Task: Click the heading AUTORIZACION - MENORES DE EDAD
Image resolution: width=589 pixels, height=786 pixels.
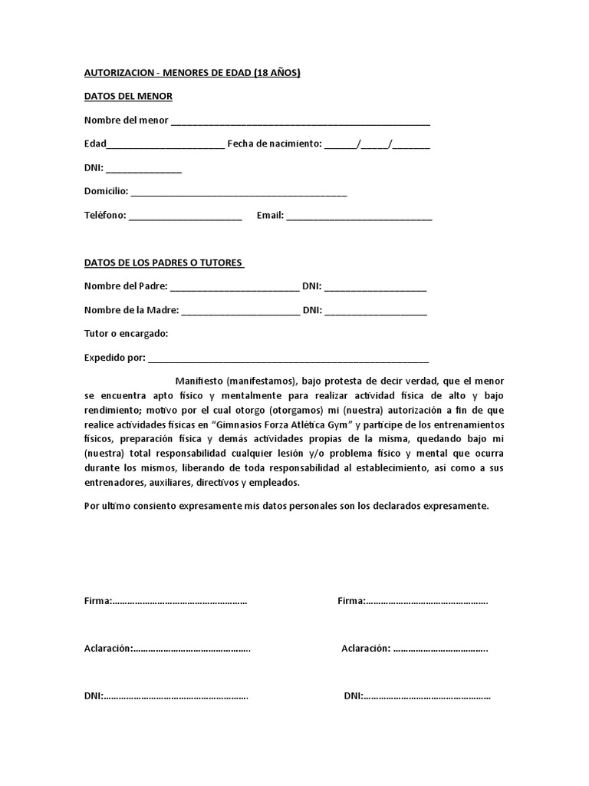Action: (192, 73)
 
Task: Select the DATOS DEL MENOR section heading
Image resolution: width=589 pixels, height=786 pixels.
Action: (128, 96)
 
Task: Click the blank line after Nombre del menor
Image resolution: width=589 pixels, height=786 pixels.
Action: (300, 122)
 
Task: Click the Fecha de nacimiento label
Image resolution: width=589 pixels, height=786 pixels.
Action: (274, 144)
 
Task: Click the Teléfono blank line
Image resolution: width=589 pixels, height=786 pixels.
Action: (185, 217)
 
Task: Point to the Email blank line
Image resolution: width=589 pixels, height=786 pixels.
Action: (359, 217)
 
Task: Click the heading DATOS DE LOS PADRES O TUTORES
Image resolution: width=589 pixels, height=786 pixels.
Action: (163, 263)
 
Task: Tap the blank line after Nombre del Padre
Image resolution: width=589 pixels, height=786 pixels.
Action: (235, 289)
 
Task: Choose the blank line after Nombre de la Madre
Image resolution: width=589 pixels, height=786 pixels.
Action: (241, 312)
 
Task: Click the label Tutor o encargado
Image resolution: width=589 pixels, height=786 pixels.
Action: (126, 334)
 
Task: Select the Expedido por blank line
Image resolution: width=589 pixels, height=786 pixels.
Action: (288, 359)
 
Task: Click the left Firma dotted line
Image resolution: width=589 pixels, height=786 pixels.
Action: (179, 602)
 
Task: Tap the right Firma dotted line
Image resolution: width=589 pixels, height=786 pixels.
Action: (426, 602)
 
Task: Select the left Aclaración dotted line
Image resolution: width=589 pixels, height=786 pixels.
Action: (192, 649)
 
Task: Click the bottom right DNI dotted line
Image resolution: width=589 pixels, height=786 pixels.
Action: (426, 697)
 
